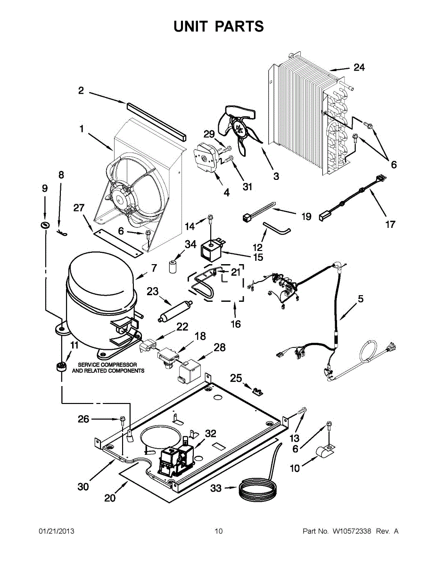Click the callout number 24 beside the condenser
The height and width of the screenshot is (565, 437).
pos(359,68)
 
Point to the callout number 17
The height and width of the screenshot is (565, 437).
pos(390,224)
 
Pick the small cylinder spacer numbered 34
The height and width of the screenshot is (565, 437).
pos(173,266)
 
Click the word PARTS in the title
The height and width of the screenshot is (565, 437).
pos(239,26)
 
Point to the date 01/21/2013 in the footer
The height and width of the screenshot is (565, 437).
pos(56,531)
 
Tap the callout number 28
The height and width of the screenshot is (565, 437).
pos(220,348)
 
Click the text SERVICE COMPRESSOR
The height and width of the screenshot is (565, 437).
pos(107,365)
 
